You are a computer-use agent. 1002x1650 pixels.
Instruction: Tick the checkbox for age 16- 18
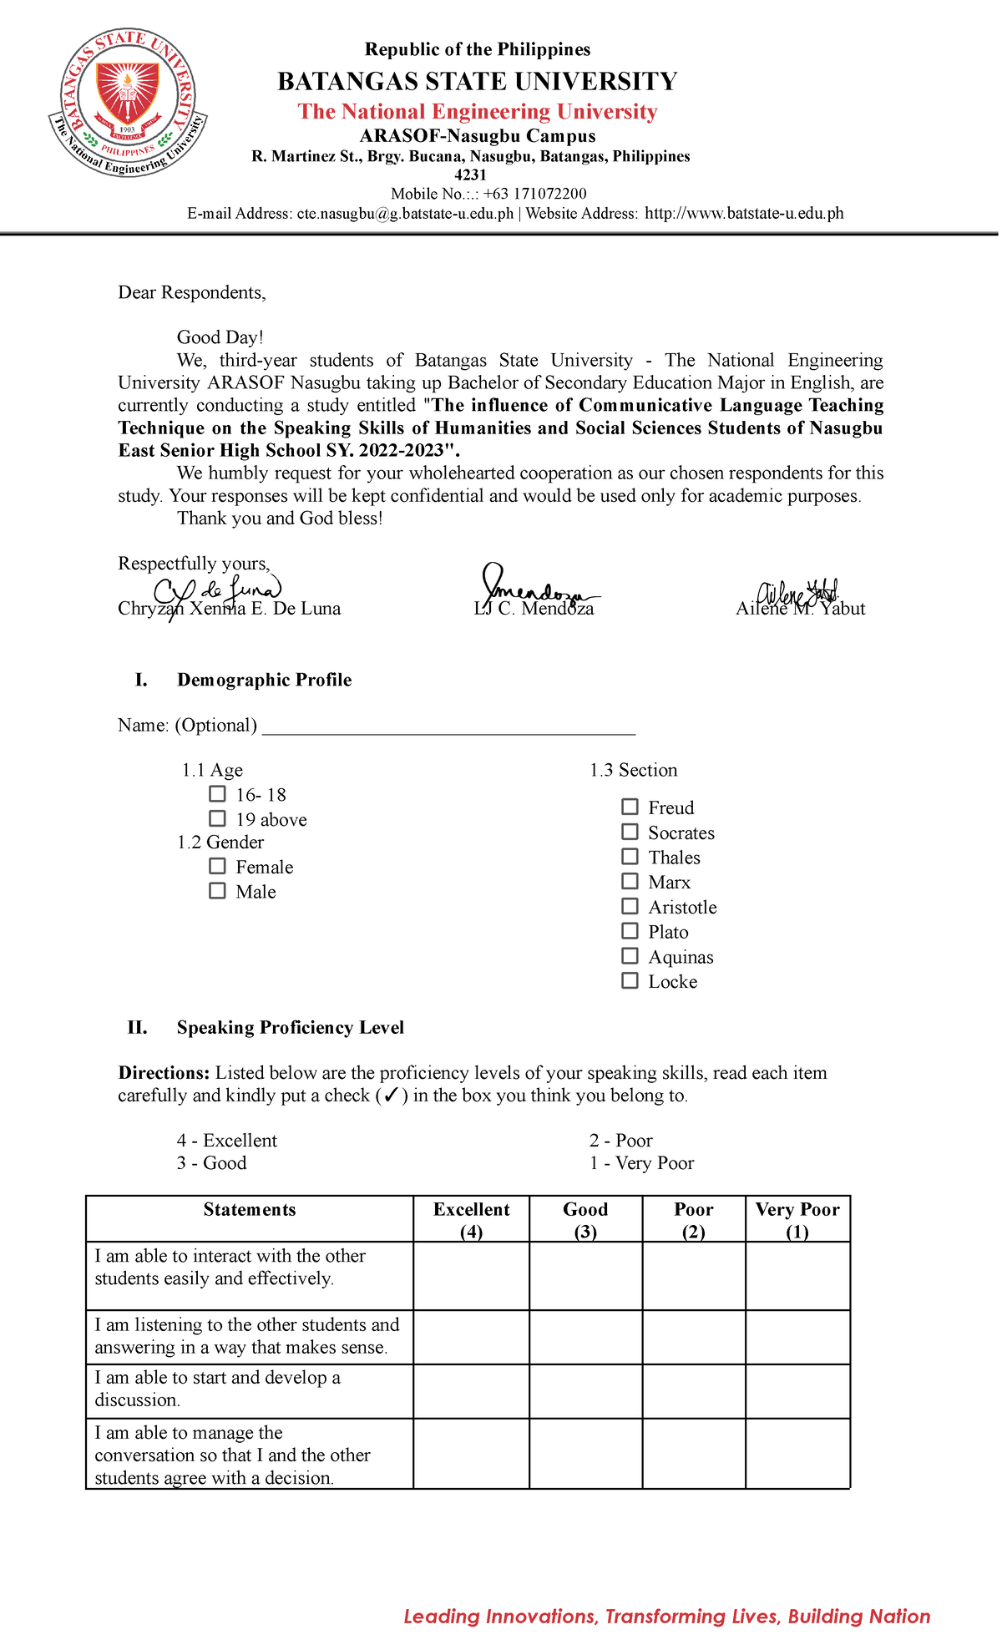217,794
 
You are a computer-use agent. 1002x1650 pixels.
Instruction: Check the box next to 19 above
217,818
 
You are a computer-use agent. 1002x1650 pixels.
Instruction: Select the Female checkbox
217,866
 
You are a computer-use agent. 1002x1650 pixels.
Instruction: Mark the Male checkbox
217,891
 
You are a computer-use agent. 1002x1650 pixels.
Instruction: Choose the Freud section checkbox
630,807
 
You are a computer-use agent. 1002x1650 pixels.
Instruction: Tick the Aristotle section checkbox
630,906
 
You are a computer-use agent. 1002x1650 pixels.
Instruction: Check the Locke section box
630,980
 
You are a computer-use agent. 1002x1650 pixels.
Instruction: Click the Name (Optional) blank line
448,726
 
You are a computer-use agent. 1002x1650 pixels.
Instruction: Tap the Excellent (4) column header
471,1220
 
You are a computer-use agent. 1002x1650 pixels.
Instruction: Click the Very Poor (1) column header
797,1220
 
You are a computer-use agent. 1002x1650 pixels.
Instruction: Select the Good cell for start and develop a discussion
585,1391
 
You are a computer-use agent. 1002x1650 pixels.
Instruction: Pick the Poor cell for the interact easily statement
693,1276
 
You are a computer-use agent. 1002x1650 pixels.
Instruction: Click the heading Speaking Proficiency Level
290,1028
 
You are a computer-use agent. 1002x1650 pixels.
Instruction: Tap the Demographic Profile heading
264,681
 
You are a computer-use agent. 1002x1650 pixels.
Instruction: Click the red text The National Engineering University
478,112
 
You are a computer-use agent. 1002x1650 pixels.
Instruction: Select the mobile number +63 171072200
534,194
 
